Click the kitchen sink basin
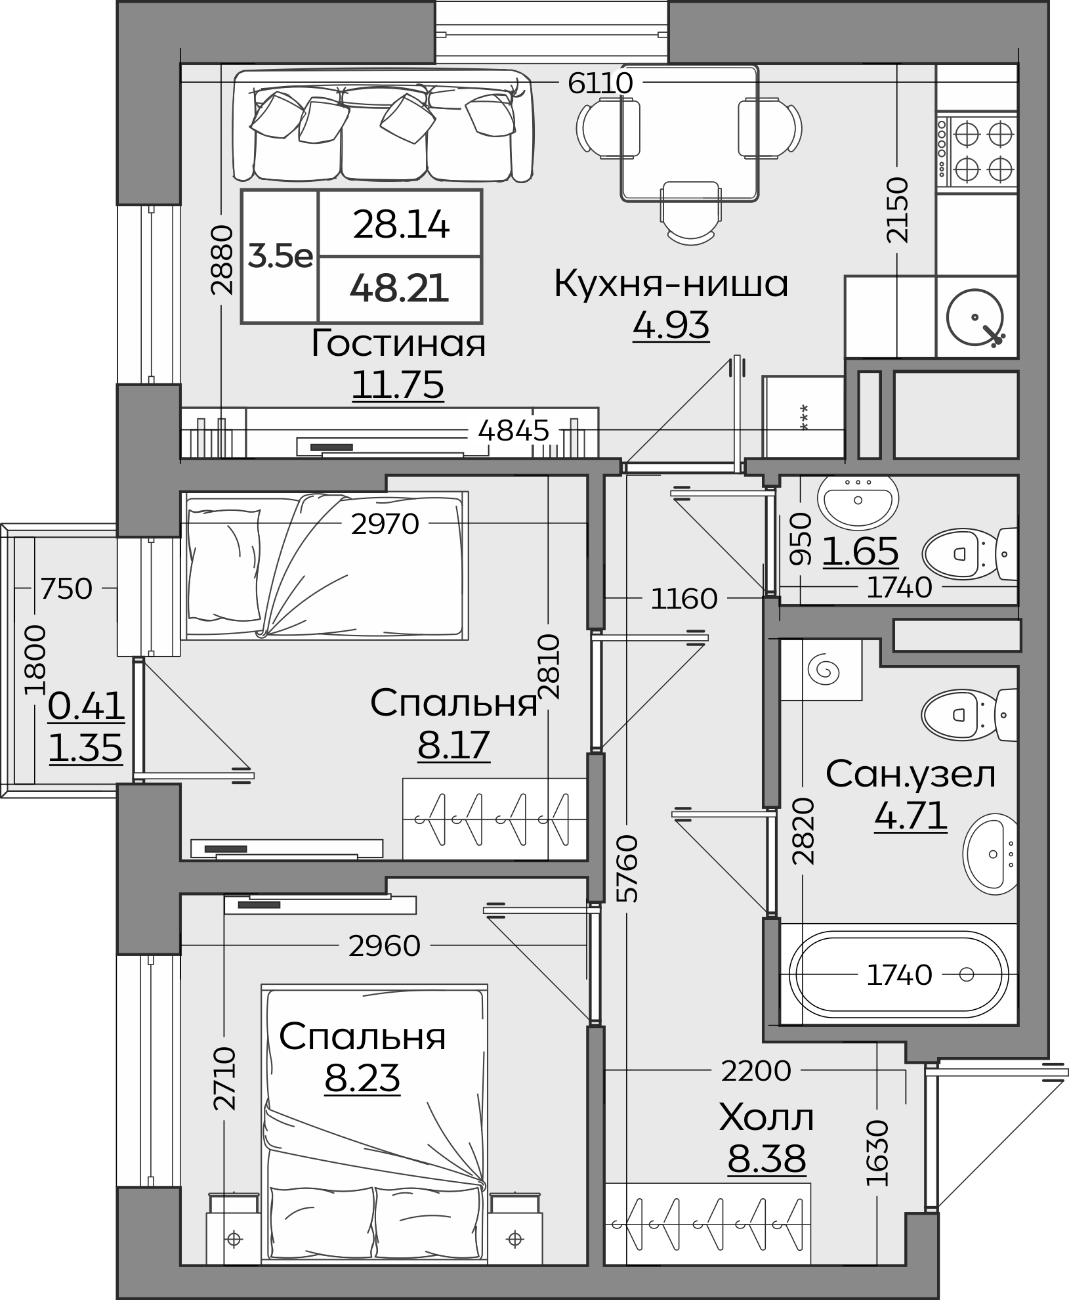[x=975, y=318]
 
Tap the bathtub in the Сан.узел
[x=899, y=975]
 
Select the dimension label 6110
[x=600, y=83]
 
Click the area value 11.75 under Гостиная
[x=398, y=385]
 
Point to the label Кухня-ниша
[x=671, y=284]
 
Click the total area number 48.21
[x=399, y=288]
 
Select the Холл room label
[x=766, y=1118]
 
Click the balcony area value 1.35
[x=86, y=747]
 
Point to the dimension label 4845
[x=513, y=431]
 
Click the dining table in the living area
[x=690, y=133]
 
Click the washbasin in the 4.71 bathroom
[x=990, y=854]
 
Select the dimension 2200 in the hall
[x=756, y=1071]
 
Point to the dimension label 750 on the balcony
[x=66, y=588]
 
